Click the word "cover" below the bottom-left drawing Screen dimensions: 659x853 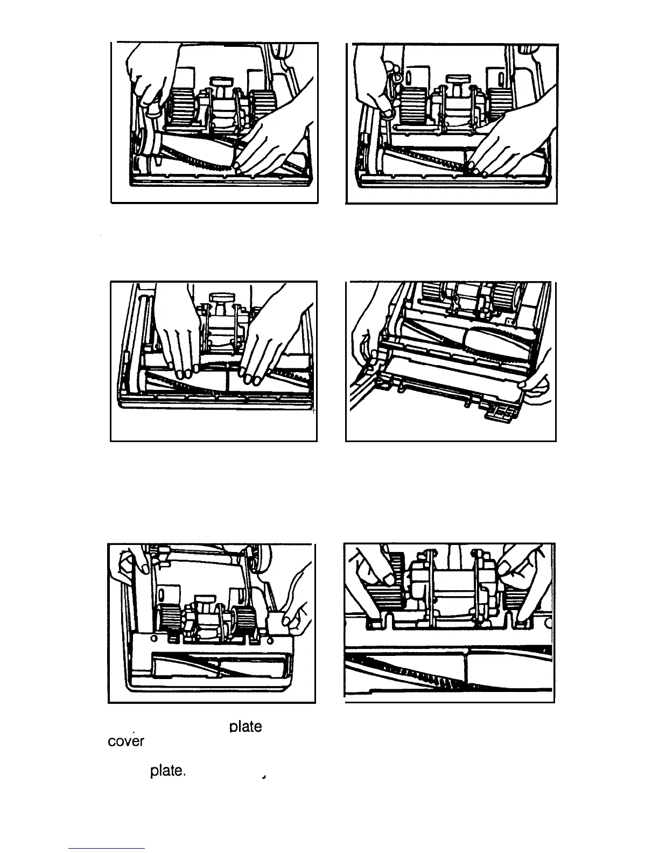click(x=126, y=741)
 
